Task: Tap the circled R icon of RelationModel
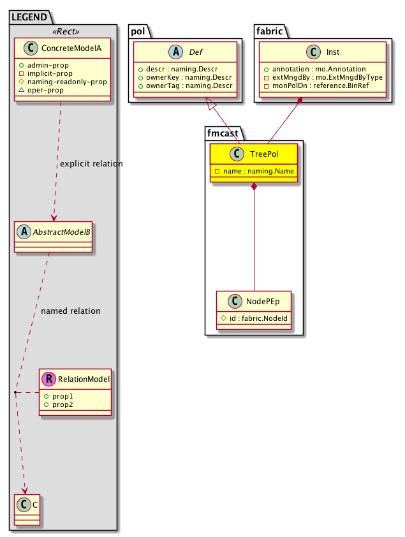click(48, 379)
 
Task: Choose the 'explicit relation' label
click(91, 164)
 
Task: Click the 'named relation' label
click(70, 311)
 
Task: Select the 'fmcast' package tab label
click(223, 133)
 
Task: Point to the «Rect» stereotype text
click(63, 30)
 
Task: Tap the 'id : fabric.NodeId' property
click(256, 318)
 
